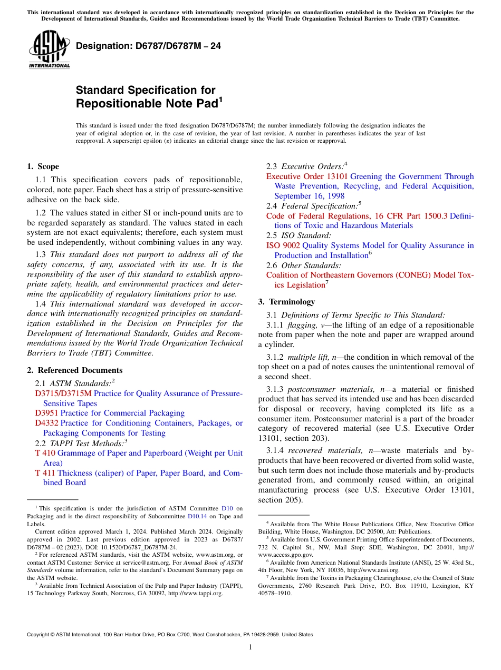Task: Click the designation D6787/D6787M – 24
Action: pyautogui.click(x=148, y=46)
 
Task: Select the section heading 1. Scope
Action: pyautogui.click(x=43, y=166)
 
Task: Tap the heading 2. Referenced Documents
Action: pyautogui.click(x=75, y=370)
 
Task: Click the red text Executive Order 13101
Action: pyautogui.click(x=307, y=176)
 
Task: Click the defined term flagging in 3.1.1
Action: pyautogui.click(x=302, y=325)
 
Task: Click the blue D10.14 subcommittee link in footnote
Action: pyautogui.click(x=196, y=517)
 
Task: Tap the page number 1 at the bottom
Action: pyautogui.click(x=250, y=647)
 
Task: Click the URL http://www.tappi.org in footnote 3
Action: pyautogui.click(x=195, y=593)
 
